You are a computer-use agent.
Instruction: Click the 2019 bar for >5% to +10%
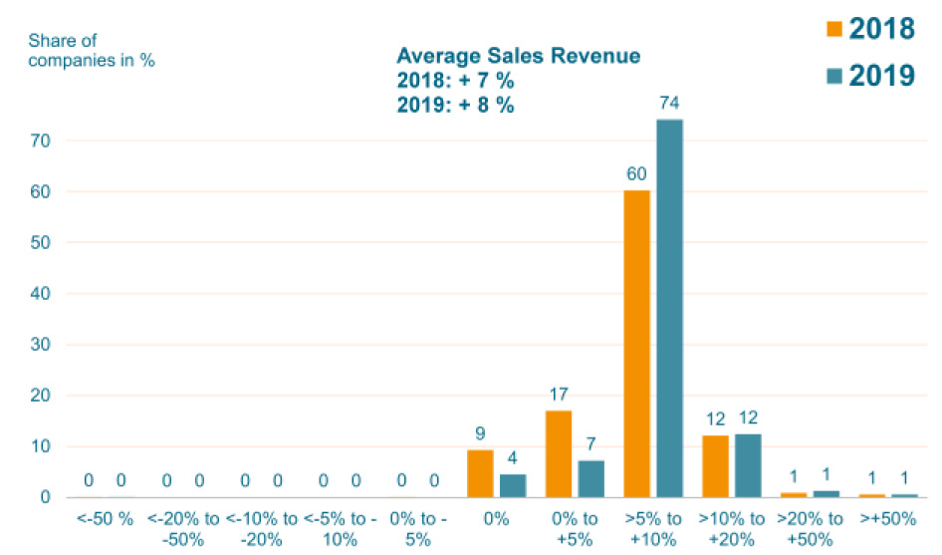click(x=669, y=308)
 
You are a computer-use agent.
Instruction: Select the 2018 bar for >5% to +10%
click(x=636, y=343)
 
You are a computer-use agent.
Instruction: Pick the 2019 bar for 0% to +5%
click(x=591, y=478)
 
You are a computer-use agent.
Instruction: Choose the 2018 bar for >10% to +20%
click(x=715, y=465)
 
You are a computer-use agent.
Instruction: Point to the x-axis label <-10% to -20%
click(x=261, y=527)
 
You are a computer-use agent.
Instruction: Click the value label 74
click(x=669, y=103)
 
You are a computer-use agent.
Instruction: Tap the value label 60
click(x=637, y=174)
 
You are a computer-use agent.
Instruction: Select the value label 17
click(x=559, y=395)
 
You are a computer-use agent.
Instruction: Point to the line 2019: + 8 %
click(x=456, y=105)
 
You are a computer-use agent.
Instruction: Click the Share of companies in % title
click(x=92, y=50)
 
